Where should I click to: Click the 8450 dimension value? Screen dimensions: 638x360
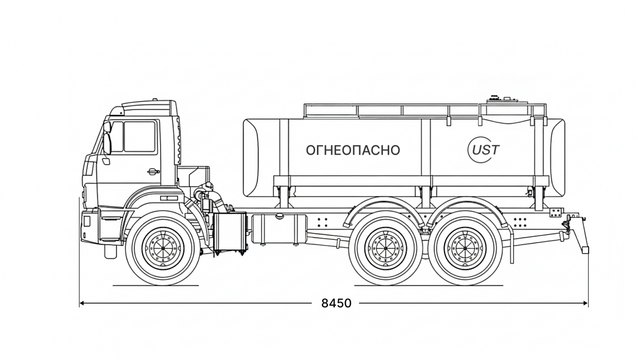tap(337, 303)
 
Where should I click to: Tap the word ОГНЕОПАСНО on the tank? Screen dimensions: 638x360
tap(353, 150)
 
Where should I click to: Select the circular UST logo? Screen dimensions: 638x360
tap(484, 150)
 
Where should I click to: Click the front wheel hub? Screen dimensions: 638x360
tap(163, 248)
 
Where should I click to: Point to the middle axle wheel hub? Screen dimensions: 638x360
tap(385, 248)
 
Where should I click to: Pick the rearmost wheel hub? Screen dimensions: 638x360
tap(465, 248)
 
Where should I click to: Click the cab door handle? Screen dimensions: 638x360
tap(154, 171)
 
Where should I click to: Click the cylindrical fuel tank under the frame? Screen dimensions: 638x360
tap(280, 229)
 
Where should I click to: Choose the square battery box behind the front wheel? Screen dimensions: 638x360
tap(230, 231)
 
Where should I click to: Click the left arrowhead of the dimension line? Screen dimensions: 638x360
tap(82, 303)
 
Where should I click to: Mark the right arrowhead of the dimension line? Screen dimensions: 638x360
tap(586, 303)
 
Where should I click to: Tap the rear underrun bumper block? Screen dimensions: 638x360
tap(585, 250)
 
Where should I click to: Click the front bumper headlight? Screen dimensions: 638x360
tap(87, 221)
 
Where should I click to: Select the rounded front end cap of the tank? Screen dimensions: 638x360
tap(251, 158)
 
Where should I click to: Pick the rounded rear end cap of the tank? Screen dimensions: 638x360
tap(558, 158)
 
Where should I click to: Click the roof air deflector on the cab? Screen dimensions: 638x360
tap(148, 107)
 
